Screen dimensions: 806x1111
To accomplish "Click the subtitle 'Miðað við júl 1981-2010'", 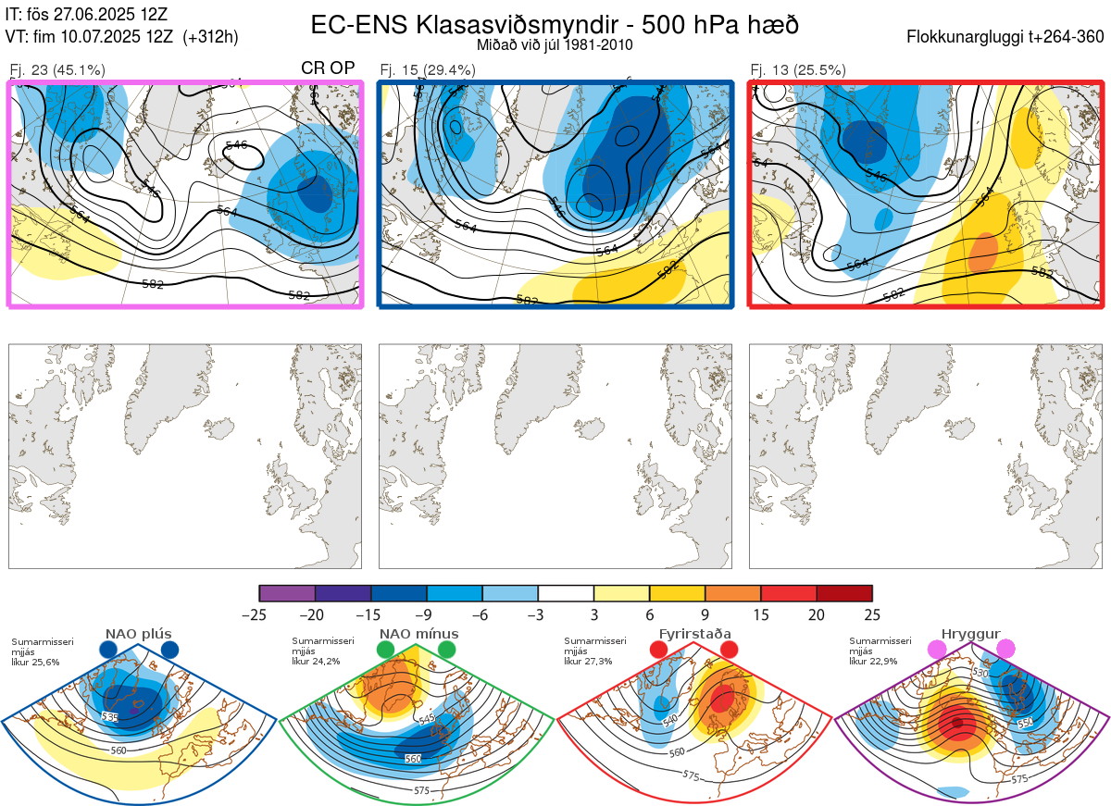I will click(555, 44).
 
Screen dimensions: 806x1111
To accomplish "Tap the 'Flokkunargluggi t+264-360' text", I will click(1006, 37).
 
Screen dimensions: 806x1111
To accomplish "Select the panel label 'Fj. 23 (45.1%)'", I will click(56, 69).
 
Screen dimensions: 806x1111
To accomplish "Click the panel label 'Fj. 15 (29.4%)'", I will click(428, 69).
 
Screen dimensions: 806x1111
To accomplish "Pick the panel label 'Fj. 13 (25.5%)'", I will click(797, 69).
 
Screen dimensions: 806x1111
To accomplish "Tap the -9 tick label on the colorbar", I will click(427, 614).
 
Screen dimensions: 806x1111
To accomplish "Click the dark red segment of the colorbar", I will click(844, 593).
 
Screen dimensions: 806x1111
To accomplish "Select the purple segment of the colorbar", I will click(287, 593).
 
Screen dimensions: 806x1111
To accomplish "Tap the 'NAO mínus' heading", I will click(418, 634).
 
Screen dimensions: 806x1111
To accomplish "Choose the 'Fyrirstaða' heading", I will click(693, 634).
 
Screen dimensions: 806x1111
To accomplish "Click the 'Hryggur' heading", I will click(972, 634).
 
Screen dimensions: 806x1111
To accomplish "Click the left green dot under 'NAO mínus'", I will click(385, 651).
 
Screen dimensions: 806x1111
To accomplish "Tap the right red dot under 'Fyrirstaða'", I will click(728, 651).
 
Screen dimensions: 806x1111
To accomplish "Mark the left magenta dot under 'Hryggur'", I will click(939, 651).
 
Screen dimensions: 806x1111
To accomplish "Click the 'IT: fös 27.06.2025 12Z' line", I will click(87, 15).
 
